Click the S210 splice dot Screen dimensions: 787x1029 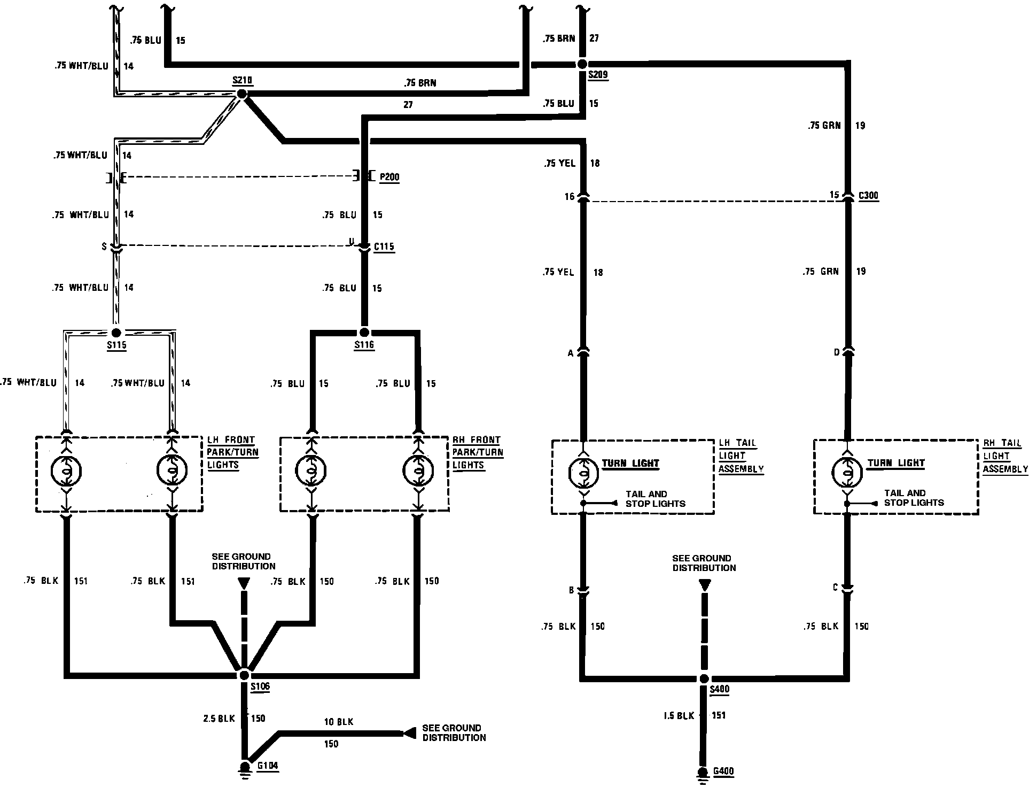pyautogui.click(x=242, y=94)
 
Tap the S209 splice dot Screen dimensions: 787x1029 pyautogui.click(x=582, y=64)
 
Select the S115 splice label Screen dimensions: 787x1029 pyautogui.click(x=116, y=345)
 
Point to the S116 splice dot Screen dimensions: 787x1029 pyautogui.click(x=364, y=331)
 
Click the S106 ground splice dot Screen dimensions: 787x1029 pyautogui.click(x=244, y=675)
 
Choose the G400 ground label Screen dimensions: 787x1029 pyautogui.click(x=723, y=771)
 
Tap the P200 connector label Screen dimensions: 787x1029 pyautogui.click(x=389, y=178)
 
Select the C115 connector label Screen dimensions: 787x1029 pyautogui.click(x=384, y=247)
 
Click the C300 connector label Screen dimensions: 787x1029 pyautogui.click(x=868, y=196)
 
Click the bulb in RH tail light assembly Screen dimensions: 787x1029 pyautogui.click(x=847, y=470)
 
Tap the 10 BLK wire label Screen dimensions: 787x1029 pyautogui.click(x=339, y=722)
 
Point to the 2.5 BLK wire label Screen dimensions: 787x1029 pyautogui.click(x=219, y=719)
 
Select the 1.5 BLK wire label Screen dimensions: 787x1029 pyautogui.click(x=679, y=715)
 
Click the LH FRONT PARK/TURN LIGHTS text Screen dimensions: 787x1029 pyautogui.click(x=232, y=452)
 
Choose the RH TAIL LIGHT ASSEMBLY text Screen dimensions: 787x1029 pyautogui.click(x=1004, y=456)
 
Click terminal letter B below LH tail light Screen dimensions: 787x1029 pyautogui.click(x=571, y=591)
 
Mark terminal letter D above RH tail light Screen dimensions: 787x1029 pyautogui.click(x=837, y=353)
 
